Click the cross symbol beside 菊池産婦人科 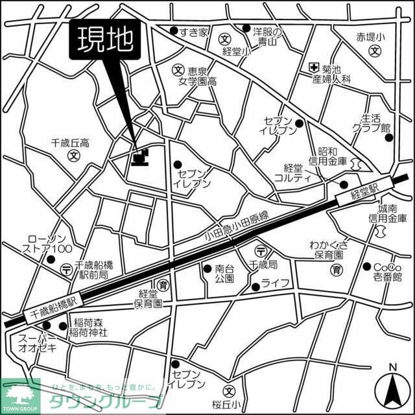tap(314, 66)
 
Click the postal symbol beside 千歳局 tap(260, 251)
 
